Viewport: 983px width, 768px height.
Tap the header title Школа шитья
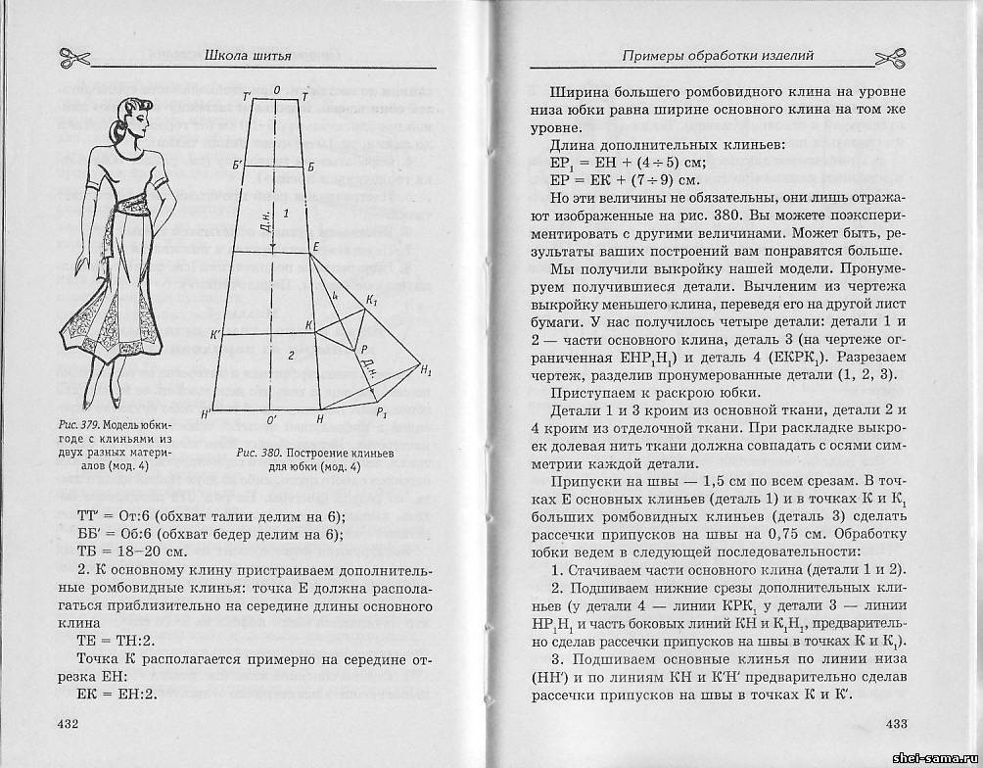pos(249,56)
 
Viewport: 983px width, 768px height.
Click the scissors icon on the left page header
pos(74,57)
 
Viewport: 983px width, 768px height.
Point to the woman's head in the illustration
pos(131,116)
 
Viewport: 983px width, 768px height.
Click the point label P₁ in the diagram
pos(383,412)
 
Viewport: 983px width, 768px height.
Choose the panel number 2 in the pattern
pos(290,355)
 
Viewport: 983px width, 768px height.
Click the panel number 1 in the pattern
pos(286,213)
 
